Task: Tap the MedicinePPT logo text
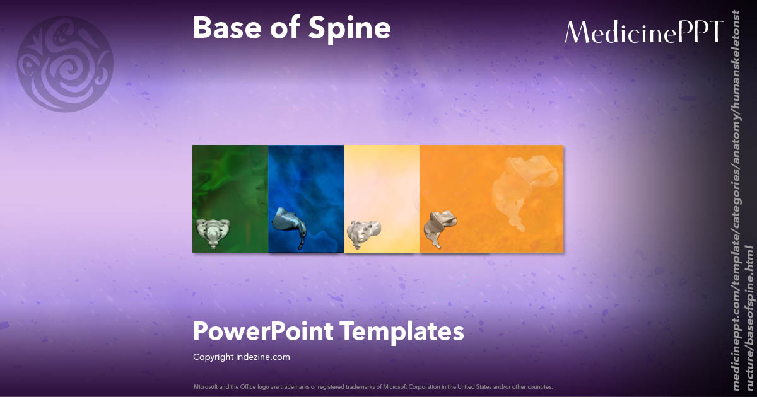point(643,32)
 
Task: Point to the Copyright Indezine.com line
point(241,357)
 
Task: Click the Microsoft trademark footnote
point(373,386)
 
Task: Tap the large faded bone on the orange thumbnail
point(524,189)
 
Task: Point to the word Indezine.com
point(263,357)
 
